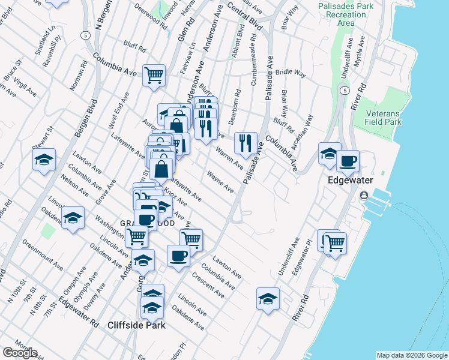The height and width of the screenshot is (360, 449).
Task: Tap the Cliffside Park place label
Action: [x=136, y=325]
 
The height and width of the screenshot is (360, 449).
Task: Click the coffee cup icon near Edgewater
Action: [x=348, y=160]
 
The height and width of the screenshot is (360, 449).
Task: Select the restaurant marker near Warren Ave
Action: [x=246, y=143]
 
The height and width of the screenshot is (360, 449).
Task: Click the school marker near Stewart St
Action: [x=44, y=160]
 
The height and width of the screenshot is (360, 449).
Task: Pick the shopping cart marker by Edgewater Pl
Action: [x=334, y=243]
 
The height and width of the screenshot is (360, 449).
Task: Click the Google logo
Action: [x=20, y=353]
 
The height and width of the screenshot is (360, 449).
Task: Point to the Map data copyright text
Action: [x=412, y=355]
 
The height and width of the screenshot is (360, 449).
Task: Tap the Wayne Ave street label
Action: [x=220, y=181]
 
